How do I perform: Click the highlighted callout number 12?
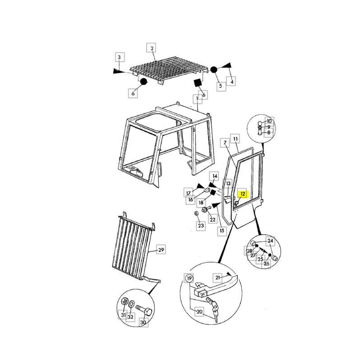(x=242, y=194)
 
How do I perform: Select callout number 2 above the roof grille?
(x=152, y=48)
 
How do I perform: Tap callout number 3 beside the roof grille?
(x=120, y=57)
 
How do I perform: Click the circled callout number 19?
(x=189, y=278)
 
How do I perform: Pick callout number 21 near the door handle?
(x=218, y=278)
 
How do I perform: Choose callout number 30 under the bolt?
(x=143, y=322)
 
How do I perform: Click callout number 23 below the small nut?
(x=201, y=225)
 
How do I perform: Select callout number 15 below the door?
(x=222, y=231)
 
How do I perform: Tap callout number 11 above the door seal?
(x=235, y=139)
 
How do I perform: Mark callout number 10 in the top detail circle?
(x=269, y=121)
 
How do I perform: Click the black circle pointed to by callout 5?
(x=213, y=69)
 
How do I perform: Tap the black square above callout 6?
(x=198, y=83)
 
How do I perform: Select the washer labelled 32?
(x=131, y=303)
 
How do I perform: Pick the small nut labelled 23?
(x=196, y=213)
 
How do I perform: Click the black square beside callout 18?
(x=213, y=193)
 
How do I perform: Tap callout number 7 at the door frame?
(x=225, y=143)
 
